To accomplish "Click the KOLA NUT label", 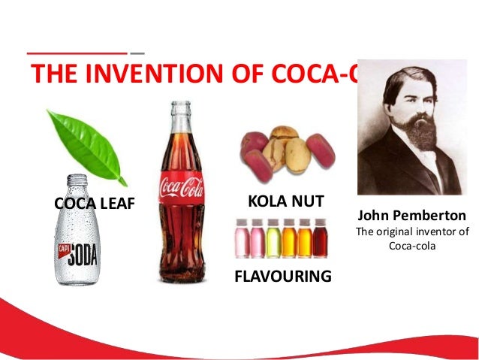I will pyautogui.click(x=285, y=201).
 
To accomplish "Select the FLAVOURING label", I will pyautogui.click(x=282, y=276).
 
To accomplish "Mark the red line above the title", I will pyautogui.click(x=77, y=54).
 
